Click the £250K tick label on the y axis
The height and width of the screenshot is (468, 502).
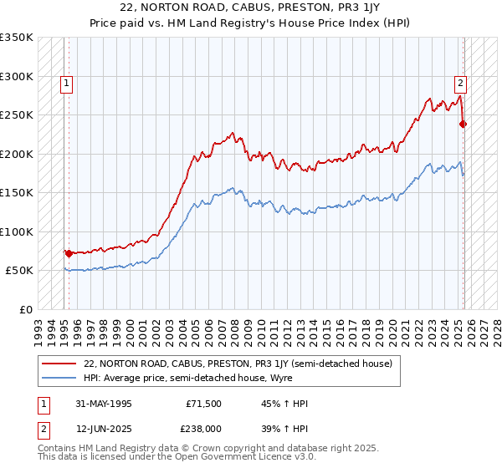point(16,115)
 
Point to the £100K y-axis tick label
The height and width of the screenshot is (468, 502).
point(16,231)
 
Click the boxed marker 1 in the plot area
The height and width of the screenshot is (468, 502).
point(66,83)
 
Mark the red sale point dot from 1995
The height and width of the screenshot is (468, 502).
point(69,253)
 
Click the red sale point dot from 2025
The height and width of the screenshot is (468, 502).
point(464,125)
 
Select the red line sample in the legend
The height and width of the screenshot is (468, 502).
point(60,364)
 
